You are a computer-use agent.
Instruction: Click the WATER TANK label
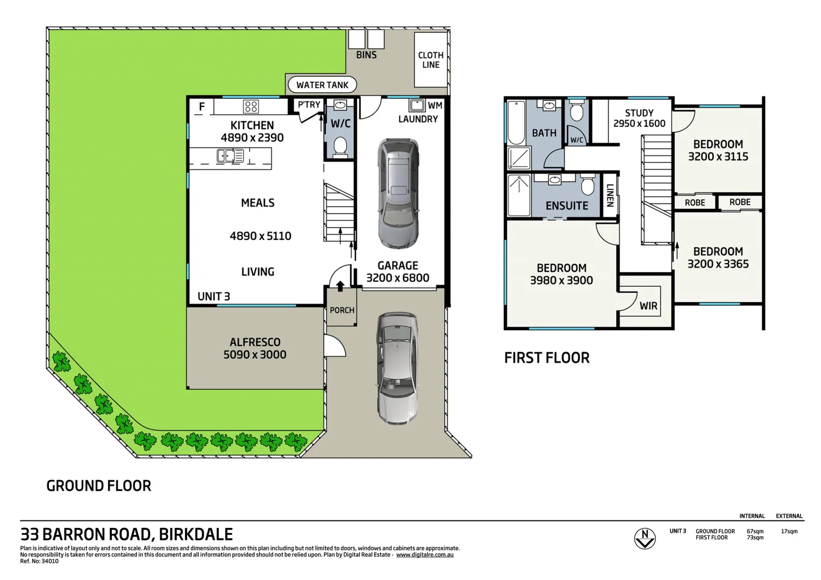coord(322,85)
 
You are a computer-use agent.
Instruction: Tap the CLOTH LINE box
coord(431,60)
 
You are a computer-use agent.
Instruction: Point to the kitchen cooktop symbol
coord(251,106)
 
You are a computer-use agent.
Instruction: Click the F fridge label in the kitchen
coord(202,107)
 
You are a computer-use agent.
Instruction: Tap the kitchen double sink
coord(230,156)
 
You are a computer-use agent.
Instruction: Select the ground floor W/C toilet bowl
coord(340,146)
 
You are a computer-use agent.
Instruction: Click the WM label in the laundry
coord(435,106)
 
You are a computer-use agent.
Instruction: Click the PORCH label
coord(342,310)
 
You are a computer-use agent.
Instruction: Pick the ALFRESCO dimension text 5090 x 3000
coord(255,355)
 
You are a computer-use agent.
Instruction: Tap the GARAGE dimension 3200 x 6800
coord(398,278)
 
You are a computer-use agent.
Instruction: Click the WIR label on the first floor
coord(648,306)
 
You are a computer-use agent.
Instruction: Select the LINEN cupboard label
coord(610,195)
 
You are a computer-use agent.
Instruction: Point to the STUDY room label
coord(639,113)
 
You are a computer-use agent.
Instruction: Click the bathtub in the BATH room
coord(516,123)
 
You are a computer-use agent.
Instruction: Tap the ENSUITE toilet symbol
coord(588,185)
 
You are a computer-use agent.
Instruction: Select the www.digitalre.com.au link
coord(425,555)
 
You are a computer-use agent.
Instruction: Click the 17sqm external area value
coord(789,532)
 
